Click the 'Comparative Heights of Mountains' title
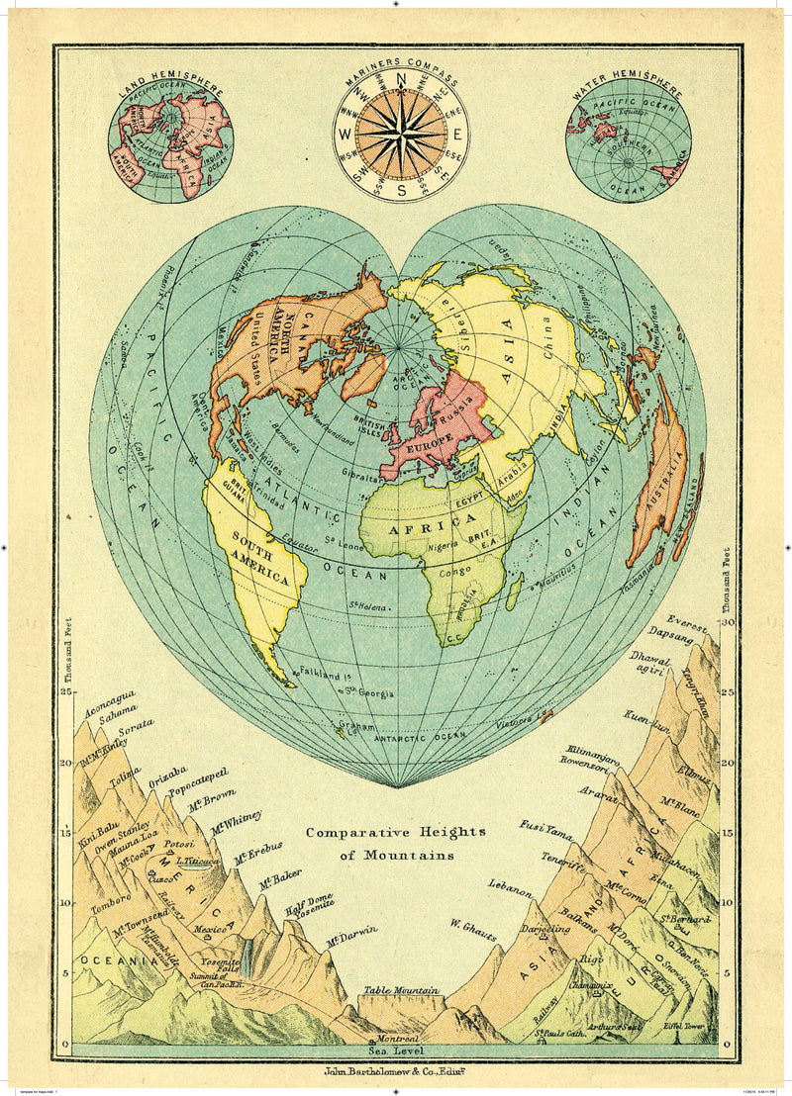395,843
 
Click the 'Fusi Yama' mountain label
545,828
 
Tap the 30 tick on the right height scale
729,623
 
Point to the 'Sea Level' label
396,1052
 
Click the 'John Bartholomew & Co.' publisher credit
396,1071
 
